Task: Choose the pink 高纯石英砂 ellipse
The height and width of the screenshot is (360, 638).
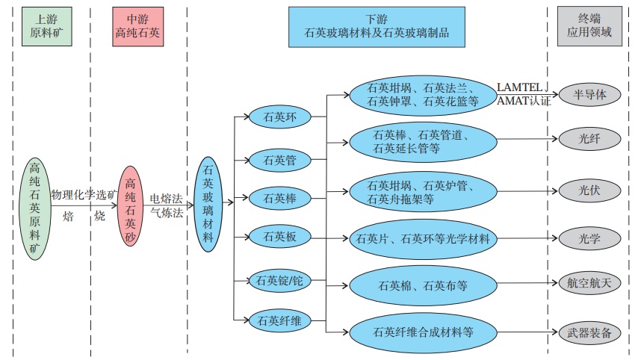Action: (x=130, y=207)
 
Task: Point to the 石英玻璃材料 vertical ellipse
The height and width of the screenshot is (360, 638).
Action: (x=208, y=204)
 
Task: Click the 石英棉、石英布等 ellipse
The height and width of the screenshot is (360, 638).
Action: (x=423, y=285)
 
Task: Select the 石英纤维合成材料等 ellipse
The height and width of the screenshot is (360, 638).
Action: (x=423, y=330)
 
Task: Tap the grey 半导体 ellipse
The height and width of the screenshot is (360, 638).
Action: (x=589, y=96)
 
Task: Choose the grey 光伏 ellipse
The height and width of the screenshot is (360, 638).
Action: (x=589, y=190)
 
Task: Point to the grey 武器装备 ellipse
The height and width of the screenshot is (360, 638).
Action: (x=589, y=332)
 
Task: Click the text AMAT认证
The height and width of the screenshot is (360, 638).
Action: (x=524, y=101)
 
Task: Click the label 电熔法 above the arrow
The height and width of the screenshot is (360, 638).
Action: (x=166, y=199)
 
